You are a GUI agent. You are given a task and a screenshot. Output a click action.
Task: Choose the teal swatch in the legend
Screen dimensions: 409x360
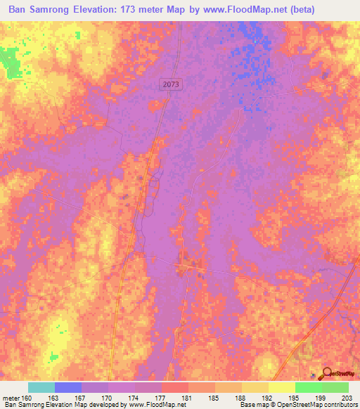pyautogui.click(x=41, y=387)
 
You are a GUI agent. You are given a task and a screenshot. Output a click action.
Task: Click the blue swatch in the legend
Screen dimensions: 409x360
pyautogui.click(x=68, y=387)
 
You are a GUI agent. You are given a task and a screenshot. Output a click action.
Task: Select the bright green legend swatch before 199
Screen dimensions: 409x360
pyautogui.click(x=308, y=387)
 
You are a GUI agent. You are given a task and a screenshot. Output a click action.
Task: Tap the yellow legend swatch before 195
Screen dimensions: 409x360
pyautogui.click(x=281, y=387)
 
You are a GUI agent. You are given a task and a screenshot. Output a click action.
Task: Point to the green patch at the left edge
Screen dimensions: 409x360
pyautogui.click(x=8, y=62)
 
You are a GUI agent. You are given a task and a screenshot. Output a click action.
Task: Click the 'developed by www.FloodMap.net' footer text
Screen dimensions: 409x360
pyautogui.click(x=136, y=405)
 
